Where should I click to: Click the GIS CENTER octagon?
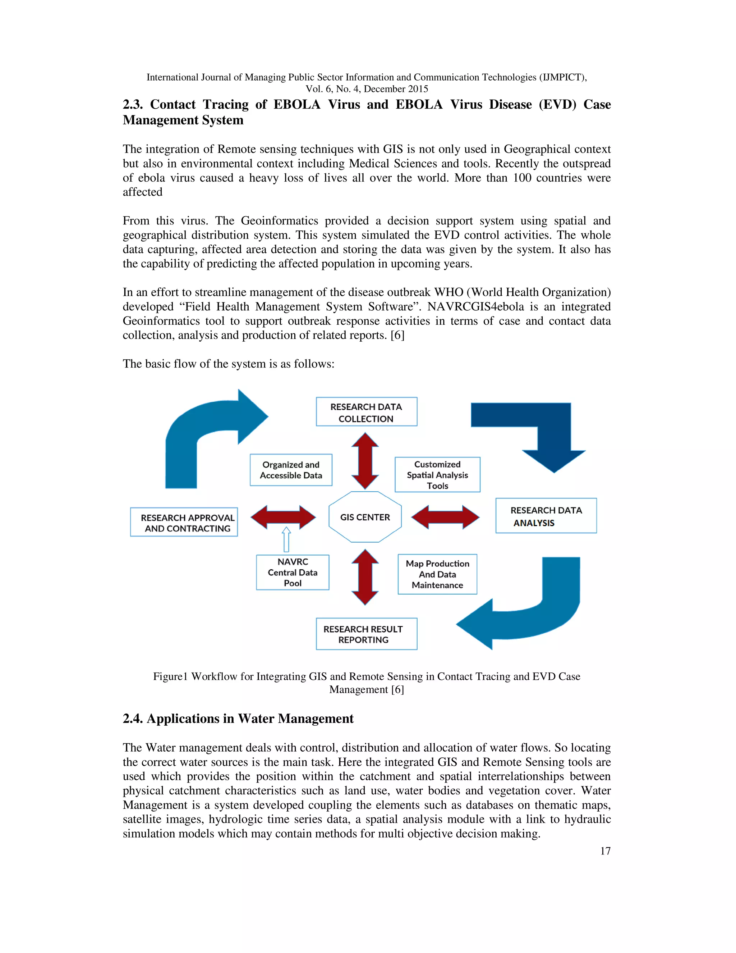[x=365, y=517]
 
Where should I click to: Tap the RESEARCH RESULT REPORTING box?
[x=366, y=634]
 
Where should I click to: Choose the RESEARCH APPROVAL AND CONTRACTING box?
[x=184, y=522]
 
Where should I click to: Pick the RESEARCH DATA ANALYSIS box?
[x=546, y=516]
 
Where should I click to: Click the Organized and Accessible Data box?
[x=291, y=470]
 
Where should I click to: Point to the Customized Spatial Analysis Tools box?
[x=437, y=475]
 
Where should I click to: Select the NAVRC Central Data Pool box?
[x=293, y=573]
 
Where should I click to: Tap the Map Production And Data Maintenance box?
[x=437, y=574]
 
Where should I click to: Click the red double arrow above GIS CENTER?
[x=365, y=461]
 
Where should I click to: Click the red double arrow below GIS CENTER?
[x=365, y=577]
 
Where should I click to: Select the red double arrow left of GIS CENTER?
[x=283, y=517]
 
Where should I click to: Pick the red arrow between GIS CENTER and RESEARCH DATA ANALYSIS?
[x=445, y=517]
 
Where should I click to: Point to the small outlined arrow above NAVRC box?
[x=286, y=539]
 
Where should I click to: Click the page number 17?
[x=605, y=851]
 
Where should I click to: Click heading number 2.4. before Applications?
[x=133, y=719]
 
